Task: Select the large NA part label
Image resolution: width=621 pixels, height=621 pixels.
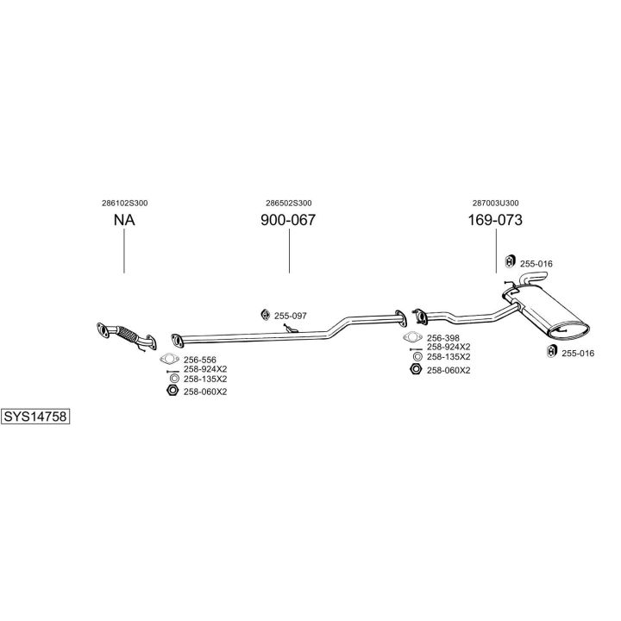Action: [124, 220]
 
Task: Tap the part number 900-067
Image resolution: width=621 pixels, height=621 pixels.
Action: [288, 220]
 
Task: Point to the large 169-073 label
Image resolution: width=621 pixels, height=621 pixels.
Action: [495, 220]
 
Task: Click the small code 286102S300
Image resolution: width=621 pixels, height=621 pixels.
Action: [124, 203]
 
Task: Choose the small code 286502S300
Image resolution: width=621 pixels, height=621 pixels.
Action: [288, 203]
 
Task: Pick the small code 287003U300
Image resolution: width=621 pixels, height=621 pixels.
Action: [495, 203]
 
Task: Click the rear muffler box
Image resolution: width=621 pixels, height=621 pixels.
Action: [552, 316]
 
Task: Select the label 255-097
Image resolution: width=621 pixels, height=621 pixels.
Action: [292, 316]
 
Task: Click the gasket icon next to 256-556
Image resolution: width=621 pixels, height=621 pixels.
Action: [169, 359]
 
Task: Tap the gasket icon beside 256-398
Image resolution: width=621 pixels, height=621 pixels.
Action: [414, 338]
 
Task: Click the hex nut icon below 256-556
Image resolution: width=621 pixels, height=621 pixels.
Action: [171, 391]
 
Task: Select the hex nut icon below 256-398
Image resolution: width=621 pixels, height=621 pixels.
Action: [415, 369]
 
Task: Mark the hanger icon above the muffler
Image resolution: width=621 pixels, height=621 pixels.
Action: [509, 262]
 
